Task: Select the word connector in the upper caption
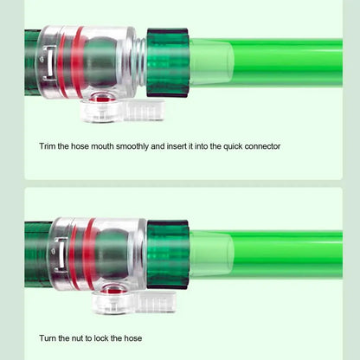pyautogui.click(x=262, y=146)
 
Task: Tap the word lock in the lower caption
pyautogui.click(x=100, y=338)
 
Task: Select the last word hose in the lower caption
pyautogui.click(x=133, y=338)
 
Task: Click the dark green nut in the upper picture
pyautogui.click(x=168, y=62)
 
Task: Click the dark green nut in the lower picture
pyautogui.click(x=168, y=254)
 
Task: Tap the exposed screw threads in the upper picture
pyautogui.click(x=141, y=61)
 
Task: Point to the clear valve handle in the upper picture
pyautogui.click(x=123, y=111)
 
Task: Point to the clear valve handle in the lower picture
pyautogui.click(x=133, y=302)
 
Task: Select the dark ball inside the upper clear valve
pyautogui.click(x=100, y=62)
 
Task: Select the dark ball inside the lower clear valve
pyautogui.click(x=112, y=254)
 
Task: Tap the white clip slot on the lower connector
pyautogui.click(x=61, y=255)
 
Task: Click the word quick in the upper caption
pyautogui.click(x=233, y=146)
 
